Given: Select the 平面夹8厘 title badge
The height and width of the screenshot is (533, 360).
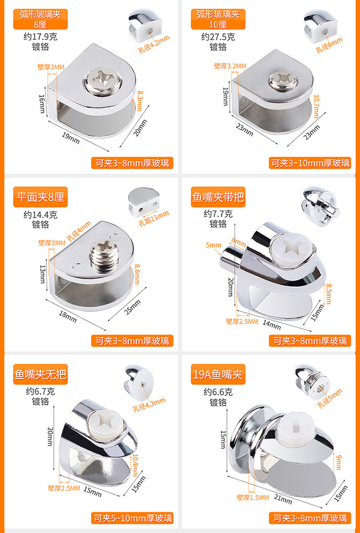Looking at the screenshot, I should (x=40, y=197).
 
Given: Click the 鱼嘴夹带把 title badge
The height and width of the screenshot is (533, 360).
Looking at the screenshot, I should (x=218, y=197).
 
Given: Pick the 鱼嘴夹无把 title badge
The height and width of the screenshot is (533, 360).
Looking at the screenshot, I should (x=40, y=375).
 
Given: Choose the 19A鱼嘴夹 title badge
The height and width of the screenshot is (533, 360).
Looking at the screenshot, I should (x=218, y=375).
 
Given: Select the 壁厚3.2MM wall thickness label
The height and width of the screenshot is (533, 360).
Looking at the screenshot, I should (x=230, y=66).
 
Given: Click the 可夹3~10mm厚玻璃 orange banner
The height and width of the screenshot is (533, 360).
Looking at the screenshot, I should (x=310, y=163).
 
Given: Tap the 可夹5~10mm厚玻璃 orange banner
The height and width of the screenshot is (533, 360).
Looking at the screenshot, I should (x=132, y=518).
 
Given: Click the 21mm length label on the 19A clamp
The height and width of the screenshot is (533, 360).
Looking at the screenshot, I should (x=284, y=500).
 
